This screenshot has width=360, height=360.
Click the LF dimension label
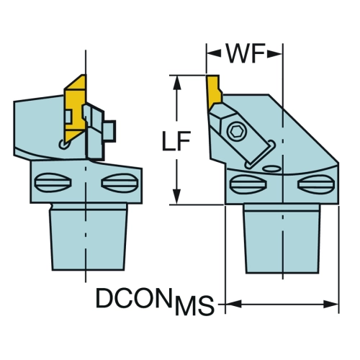point(176,141)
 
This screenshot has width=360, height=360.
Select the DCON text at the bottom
point(134,298)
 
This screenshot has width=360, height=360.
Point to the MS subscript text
point(194,305)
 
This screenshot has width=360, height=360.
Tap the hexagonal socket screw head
point(237,132)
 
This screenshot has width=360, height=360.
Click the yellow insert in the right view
point(214,92)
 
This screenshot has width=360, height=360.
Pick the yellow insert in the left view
point(75,108)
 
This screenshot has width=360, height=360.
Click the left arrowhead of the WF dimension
point(213,54)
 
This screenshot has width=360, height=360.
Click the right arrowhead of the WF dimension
point(275,54)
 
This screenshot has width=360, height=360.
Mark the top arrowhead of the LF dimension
point(177,83)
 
